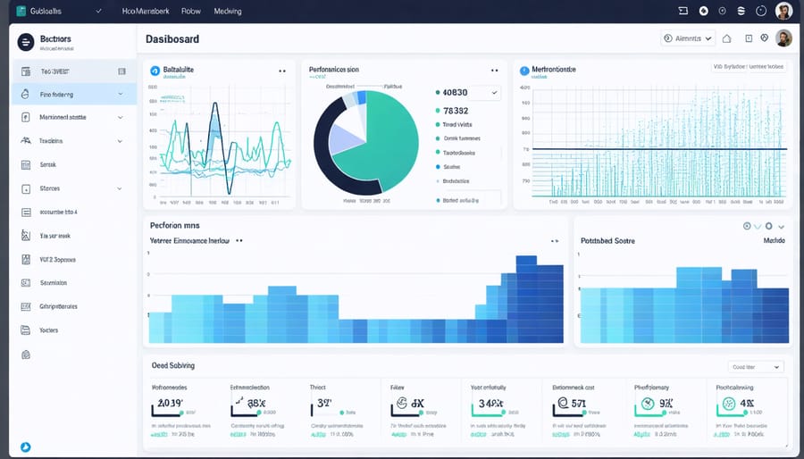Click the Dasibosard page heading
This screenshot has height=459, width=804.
172,40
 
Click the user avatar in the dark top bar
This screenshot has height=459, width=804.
783,11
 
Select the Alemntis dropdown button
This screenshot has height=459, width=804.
688,38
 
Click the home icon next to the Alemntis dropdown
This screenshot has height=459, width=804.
726,38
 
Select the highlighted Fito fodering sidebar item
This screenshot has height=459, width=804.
56,94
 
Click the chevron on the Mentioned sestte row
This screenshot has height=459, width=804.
120,117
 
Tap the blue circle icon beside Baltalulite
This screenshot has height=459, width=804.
155,69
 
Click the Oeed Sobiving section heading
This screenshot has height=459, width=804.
172,365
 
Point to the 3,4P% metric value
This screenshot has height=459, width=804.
492,404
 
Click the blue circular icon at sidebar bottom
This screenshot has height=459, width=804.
25,446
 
